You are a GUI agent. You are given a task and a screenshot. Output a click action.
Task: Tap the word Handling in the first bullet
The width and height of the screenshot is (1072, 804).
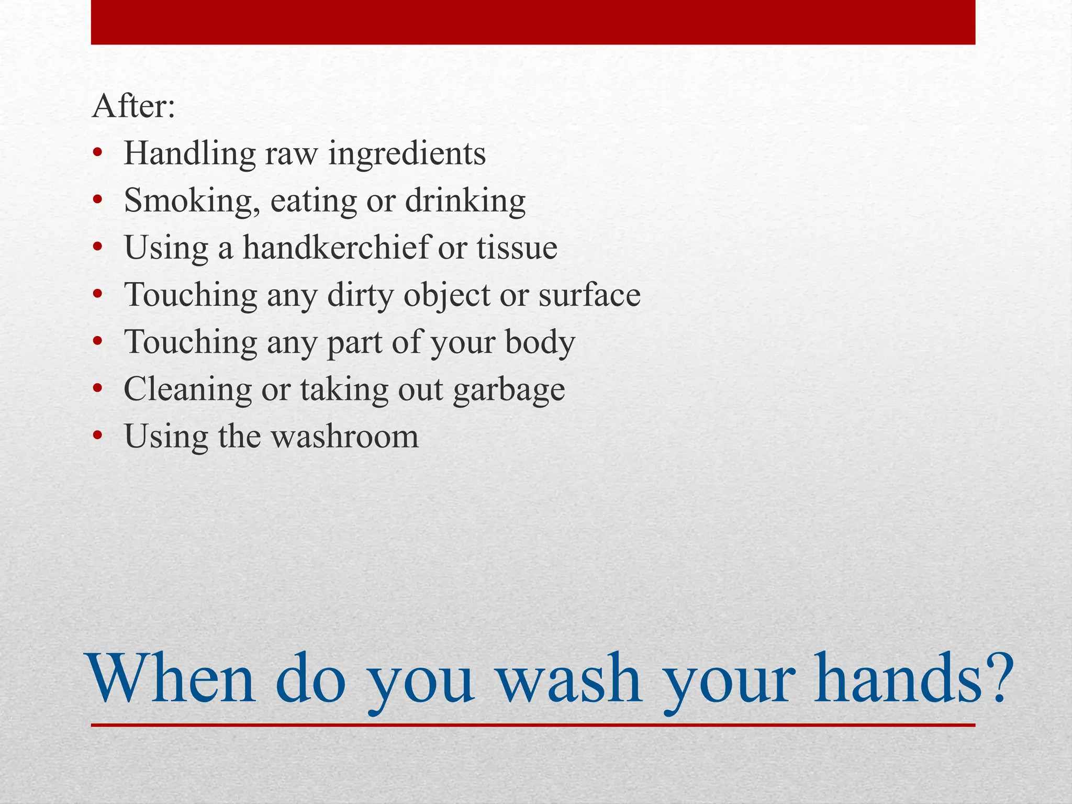[189, 154]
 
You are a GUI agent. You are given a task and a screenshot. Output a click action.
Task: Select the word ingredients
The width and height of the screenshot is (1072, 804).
[407, 154]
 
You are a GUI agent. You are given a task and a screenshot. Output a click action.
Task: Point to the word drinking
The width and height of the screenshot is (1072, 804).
[465, 202]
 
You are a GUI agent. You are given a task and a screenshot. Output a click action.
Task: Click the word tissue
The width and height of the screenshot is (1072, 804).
[517, 248]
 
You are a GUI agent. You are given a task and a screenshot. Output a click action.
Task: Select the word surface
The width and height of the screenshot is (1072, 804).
[589, 295]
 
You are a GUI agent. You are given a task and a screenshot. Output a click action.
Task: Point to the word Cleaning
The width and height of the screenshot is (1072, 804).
[187, 390]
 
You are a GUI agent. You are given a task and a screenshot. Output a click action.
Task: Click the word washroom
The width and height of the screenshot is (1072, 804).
[345, 437]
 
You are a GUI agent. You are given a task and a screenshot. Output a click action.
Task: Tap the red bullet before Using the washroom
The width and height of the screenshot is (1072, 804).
[97, 436]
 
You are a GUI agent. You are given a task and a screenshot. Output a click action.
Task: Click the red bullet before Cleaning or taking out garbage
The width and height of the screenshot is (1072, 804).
[97, 389]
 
